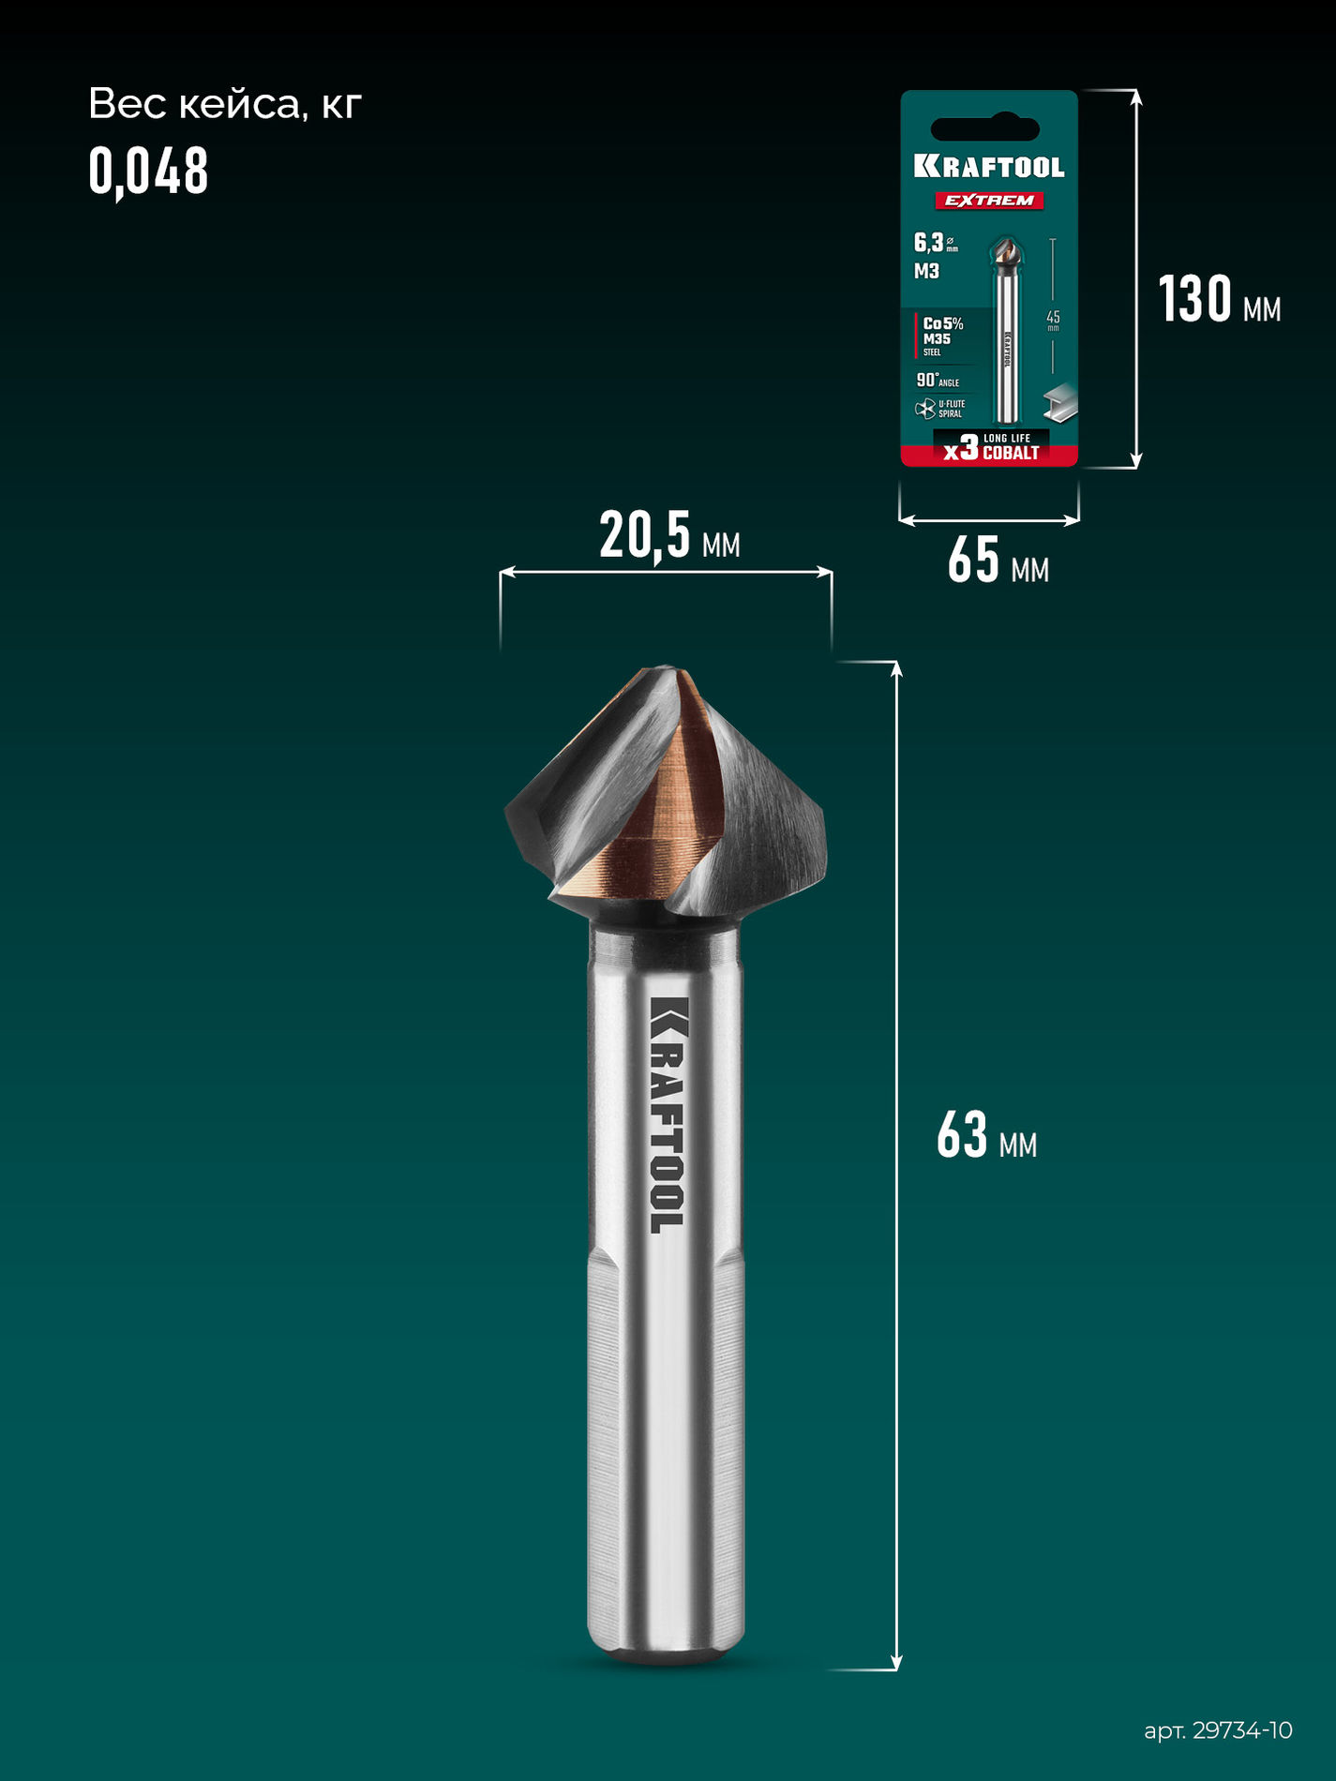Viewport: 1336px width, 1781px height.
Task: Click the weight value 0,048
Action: [x=148, y=172]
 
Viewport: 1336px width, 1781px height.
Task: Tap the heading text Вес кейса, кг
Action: [x=224, y=104]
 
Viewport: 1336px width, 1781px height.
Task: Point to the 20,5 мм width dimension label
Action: [x=668, y=536]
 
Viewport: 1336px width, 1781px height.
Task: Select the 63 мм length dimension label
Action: [x=985, y=1136]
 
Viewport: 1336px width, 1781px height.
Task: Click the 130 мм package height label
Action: [x=1218, y=301]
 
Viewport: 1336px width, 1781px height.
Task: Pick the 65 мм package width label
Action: [x=997, y=561]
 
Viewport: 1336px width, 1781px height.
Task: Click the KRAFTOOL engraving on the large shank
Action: [x=668, y=1115]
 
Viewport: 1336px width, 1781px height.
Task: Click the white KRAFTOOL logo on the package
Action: [x=989, y=168]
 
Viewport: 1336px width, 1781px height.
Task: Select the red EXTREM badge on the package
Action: [x=989, y=201]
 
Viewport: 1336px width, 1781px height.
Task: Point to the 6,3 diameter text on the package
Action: [x=930, y=244]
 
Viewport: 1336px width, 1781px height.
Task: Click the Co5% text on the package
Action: [x=942, y=323]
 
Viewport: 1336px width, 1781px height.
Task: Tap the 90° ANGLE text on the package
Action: [x=937, y=381]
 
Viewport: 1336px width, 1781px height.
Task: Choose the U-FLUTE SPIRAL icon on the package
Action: [x=924, y=409]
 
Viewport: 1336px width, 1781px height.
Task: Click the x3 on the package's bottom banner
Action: [x=961, y=449]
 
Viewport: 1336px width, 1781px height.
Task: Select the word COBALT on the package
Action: [x=1011, y=454]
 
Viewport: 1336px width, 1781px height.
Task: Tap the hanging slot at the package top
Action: [x=985, y=128]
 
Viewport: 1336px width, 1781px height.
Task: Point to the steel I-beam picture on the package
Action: [x=1060, y=401]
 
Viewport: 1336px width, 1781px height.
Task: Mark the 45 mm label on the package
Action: [x=1053, y=319]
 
